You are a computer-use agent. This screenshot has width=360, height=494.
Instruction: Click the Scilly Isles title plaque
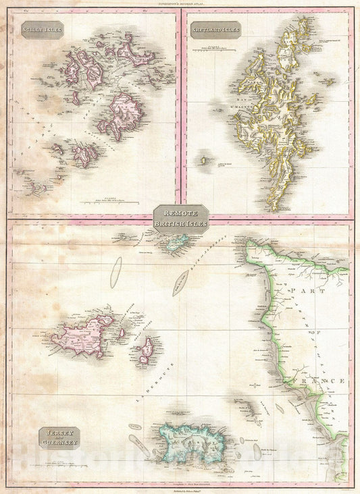tap(41, 30)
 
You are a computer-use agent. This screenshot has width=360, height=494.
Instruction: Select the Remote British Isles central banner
tap(180, 219)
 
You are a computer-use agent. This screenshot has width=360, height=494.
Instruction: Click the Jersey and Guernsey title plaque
tap(59, 437)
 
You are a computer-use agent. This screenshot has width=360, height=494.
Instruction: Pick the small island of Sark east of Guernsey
tap(145, 352)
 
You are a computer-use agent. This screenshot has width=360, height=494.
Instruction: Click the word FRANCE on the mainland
tap(318, 381)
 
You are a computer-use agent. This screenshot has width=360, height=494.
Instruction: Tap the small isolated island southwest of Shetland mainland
tap(203, 161)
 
